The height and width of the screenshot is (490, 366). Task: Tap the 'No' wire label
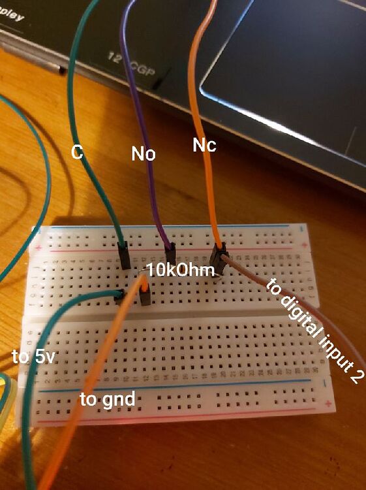tap(143, 154)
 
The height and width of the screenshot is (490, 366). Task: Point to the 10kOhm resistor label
tap(175, 269)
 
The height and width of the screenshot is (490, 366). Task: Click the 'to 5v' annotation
tap(30, 357)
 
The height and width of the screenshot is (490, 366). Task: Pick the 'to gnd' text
tap(107, 398)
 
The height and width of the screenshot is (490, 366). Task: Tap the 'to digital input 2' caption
tap(313, 331)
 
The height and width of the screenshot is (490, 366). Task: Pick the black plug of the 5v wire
tap(119, 297)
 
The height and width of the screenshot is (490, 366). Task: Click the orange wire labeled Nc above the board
tap(196, 98)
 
